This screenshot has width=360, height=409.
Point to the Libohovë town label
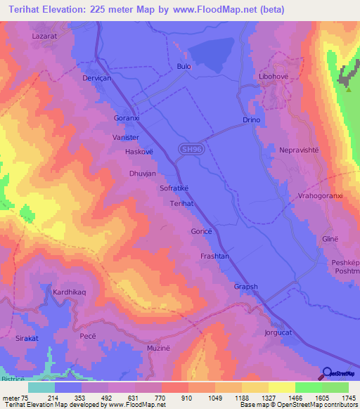tap(275, 75)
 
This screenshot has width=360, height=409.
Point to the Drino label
tap(252, 120)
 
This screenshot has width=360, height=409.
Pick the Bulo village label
tap(184, 67)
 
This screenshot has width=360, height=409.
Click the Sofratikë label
tap(178, 188)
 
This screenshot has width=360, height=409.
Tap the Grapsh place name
tap(246, 287)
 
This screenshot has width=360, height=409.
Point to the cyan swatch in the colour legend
tap(41, 387)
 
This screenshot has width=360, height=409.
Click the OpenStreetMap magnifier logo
tap(328, 373)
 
